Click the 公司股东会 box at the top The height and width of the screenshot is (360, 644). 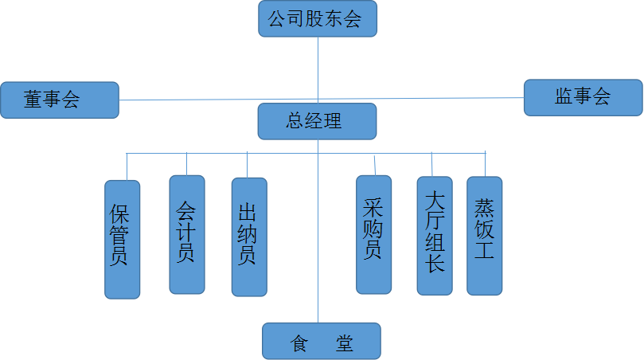(318, 19)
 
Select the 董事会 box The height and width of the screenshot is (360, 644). (60, 100)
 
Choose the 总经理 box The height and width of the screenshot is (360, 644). (317, 121)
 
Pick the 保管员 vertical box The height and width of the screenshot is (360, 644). (123, 239)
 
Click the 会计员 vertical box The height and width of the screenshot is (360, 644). (187, 234)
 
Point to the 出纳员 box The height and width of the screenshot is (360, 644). (248, 237)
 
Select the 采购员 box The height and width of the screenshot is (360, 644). (373, 234)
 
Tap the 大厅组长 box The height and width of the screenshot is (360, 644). (434, 236)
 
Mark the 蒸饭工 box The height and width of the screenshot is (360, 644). (484, 236)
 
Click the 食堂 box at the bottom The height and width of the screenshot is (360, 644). (322, 341)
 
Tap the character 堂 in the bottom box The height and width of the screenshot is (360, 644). (344, 344)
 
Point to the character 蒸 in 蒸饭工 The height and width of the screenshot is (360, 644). (484, 209)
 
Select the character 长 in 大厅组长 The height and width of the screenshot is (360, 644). (435, 264)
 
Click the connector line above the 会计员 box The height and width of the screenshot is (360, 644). (187, 164)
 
